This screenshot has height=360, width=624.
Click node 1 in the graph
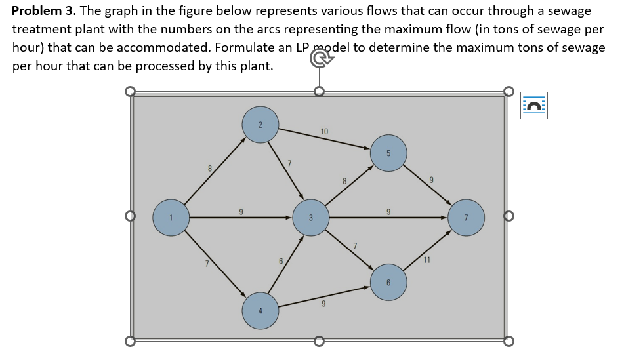(171, 218)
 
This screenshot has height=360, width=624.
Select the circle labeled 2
(260, 125)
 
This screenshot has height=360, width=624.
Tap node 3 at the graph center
(311, 218)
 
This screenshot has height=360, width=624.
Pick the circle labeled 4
(260, 311)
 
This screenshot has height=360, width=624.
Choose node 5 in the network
(388, 153)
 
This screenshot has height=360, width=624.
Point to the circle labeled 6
(388, 282)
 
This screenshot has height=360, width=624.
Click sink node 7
(466, 218)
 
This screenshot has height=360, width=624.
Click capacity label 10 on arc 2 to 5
(324, 131)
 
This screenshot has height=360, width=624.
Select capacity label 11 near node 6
(426, 260)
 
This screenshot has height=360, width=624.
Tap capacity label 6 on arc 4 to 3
(281, 261)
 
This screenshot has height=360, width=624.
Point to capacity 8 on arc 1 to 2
(210, 169)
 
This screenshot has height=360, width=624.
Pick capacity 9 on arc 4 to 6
(323, 304)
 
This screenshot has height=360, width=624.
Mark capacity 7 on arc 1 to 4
(207, 264)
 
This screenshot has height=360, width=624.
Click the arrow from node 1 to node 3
(241, 218)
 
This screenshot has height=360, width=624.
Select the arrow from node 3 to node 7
(388, 218)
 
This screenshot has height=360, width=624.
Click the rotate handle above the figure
(320, 59)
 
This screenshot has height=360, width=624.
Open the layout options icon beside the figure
(534, 106)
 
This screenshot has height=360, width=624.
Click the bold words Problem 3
(44, 10)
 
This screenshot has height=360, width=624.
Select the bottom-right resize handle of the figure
(509, 341)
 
